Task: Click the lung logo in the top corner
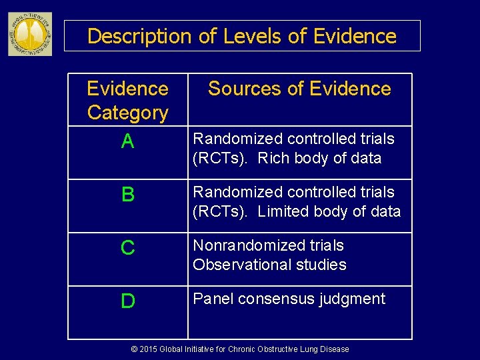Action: tap(29, 34)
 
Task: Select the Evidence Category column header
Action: tap(128, 101)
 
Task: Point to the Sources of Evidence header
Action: tap(299, 89)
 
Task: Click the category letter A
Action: tap(128, 141)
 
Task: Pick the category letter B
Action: tap(128, 195)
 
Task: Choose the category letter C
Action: tap(128, 248)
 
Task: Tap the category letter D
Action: tap(128, 301)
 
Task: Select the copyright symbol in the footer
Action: tap(134, 349)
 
